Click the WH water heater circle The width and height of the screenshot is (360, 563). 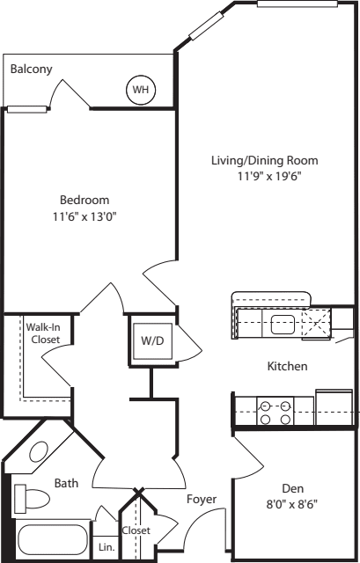139,89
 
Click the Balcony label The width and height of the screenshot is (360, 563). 31,69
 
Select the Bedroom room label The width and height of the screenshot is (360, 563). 84,199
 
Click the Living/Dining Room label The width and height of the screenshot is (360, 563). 264,160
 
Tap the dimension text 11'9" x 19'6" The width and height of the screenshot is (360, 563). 264,176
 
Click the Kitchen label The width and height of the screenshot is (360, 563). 287,366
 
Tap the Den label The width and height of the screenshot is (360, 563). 293,489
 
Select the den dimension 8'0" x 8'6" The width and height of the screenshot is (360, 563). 293,505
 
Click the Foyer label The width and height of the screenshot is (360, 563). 202,500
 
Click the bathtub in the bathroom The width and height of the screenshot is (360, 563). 53,540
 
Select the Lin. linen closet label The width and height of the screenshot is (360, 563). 106,547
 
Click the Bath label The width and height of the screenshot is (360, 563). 67,483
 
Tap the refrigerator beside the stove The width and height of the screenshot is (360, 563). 334,406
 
